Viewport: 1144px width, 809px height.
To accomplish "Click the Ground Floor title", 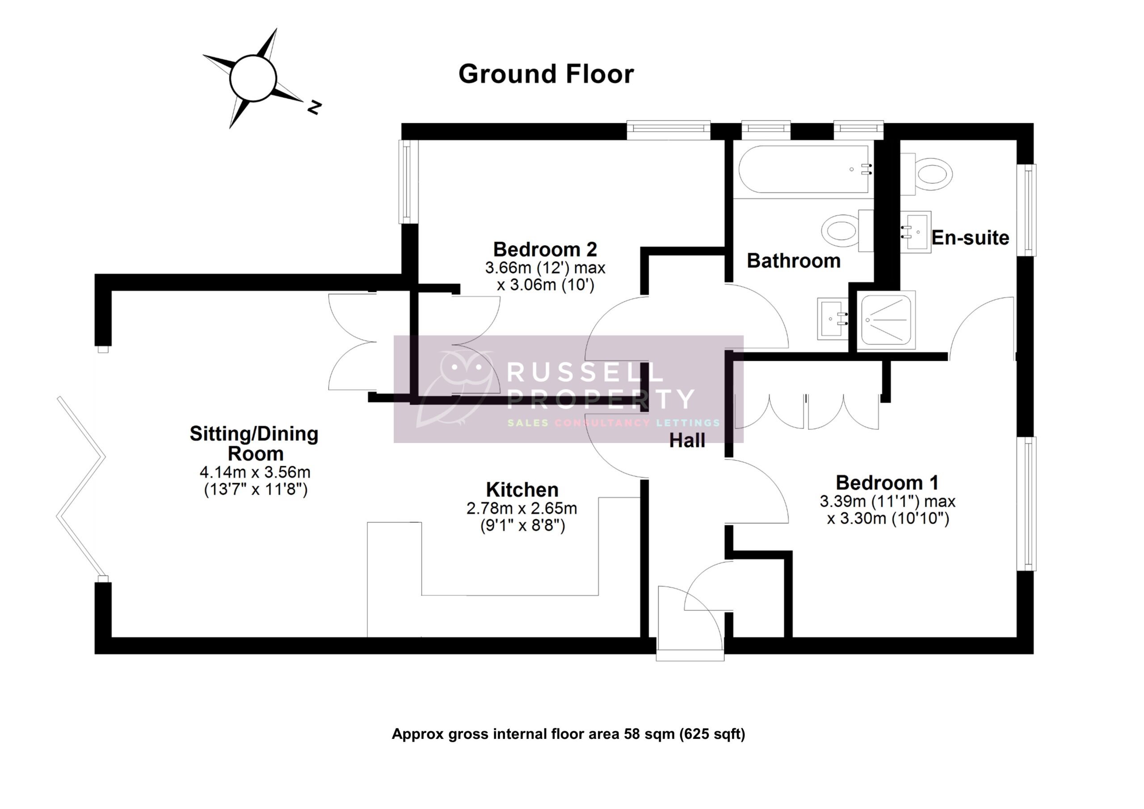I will (x=546, y=74).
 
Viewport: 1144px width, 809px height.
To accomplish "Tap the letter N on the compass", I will (x=314, y=107).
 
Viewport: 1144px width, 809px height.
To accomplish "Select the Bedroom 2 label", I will (x=545, y=249).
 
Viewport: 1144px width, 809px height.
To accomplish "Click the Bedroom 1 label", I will (x=887, y=483).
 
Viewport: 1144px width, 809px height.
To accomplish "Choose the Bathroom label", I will (x=793, y=261).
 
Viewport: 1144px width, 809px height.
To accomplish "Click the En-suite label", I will (x=970, y=238).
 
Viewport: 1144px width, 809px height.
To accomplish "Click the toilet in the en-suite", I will (x=928, y=175).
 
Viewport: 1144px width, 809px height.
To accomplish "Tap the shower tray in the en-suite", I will (x=886, y=320).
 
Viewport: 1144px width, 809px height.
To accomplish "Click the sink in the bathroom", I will (x=832, y=319).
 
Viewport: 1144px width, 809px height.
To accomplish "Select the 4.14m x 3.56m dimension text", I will (x=255, y=472).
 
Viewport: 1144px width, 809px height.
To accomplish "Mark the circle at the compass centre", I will (x=253, y=79).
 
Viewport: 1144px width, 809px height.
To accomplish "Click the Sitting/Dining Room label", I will (x=254, y=443).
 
